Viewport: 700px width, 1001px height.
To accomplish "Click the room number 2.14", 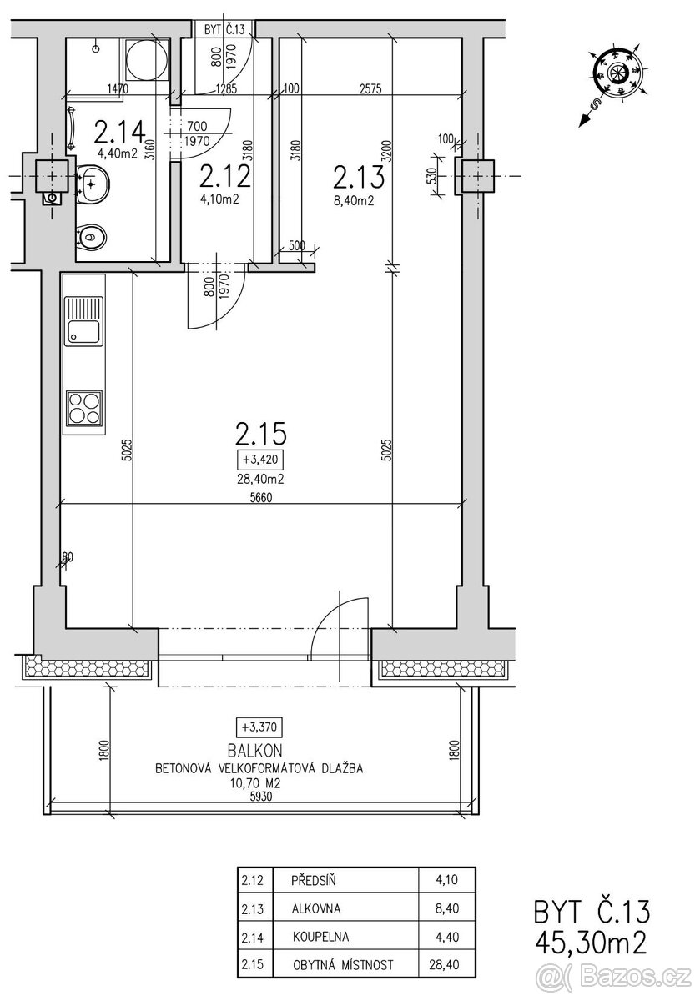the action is (120, 133).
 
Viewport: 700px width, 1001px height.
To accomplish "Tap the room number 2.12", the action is (225, 176).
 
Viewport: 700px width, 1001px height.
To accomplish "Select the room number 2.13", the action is (359, 177).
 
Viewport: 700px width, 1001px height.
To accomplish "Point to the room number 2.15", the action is (260, 434).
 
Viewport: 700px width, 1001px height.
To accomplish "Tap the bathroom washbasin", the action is (93, 184).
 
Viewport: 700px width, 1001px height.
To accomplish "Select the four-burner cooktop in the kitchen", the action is (84, 408).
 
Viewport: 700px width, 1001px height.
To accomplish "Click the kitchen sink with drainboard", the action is (83, 321).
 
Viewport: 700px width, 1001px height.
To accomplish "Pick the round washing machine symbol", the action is (147, 58).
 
